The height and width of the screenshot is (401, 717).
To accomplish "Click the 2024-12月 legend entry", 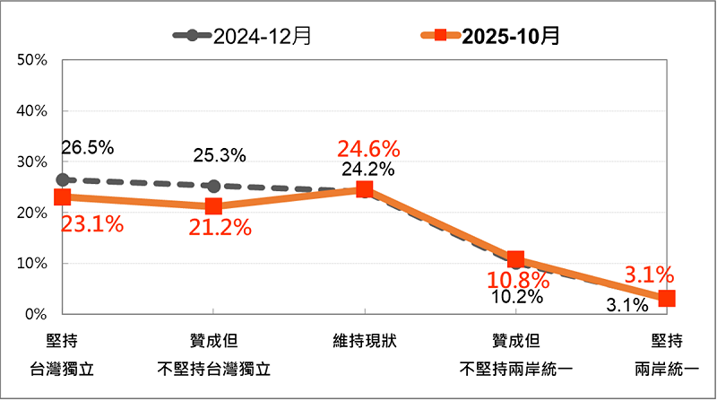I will (243, 36).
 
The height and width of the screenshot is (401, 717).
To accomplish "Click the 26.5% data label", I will (88, 147).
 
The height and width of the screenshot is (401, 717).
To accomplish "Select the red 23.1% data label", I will (91, 224).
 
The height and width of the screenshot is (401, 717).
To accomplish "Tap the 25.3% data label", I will (220, 155).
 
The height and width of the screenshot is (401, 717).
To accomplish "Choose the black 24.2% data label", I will (367, 168).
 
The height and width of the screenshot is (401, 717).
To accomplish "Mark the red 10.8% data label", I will (515, 278).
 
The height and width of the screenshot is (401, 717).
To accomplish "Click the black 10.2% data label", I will (517, 296).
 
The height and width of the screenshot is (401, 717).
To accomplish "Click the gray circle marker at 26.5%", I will (62, 180).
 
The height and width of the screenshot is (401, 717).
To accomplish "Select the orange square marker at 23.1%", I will (62, 197).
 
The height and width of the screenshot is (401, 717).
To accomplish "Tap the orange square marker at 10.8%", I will (515, 259).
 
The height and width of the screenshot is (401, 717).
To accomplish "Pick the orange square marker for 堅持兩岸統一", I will (667, 299).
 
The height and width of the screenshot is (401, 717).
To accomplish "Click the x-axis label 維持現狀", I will (364, 342).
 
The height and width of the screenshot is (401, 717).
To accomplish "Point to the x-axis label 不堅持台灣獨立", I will (213, 369).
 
